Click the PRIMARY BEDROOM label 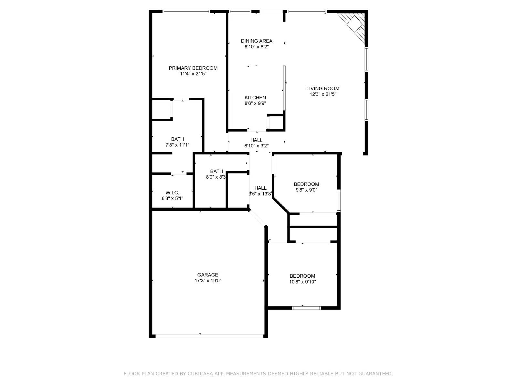(193, 68)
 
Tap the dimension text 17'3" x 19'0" (208, 281)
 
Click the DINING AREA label (257, 41)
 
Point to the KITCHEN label (255, 98)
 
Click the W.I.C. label (172, 193)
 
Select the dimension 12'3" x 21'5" (323, 94)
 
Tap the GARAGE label (208, 275)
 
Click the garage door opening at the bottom (209, 336)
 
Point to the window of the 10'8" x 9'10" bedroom (306, 308)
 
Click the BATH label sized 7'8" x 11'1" (177, 139)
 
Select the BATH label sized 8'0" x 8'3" (216, 171)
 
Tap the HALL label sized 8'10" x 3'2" (256, 140)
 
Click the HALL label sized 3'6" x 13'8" (260, 188)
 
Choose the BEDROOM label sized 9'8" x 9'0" (306, 184)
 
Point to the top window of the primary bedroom (186, 12)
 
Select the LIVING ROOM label (323, 88)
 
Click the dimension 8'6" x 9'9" (255, 104)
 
